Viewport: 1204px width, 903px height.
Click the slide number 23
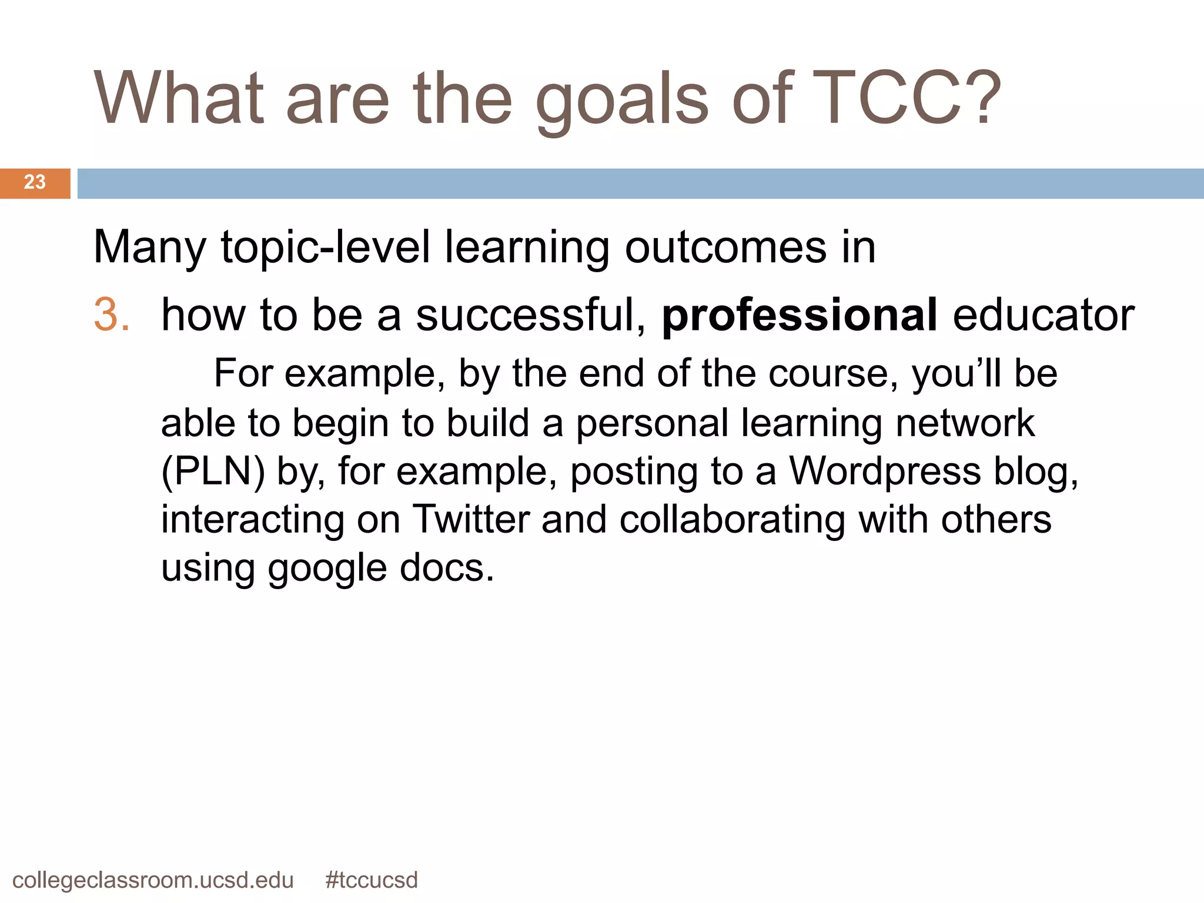(35, 182)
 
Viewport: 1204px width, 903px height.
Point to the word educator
(1044, 315)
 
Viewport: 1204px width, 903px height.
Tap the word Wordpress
(885, 471)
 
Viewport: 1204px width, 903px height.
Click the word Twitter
(471, 520)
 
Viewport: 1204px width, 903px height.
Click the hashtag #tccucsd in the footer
(372, 880)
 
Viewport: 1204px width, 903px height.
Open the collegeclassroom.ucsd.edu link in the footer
(153, 880)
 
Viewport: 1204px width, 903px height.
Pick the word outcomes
(725, 247)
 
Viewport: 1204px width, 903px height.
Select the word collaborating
(732, 520)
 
